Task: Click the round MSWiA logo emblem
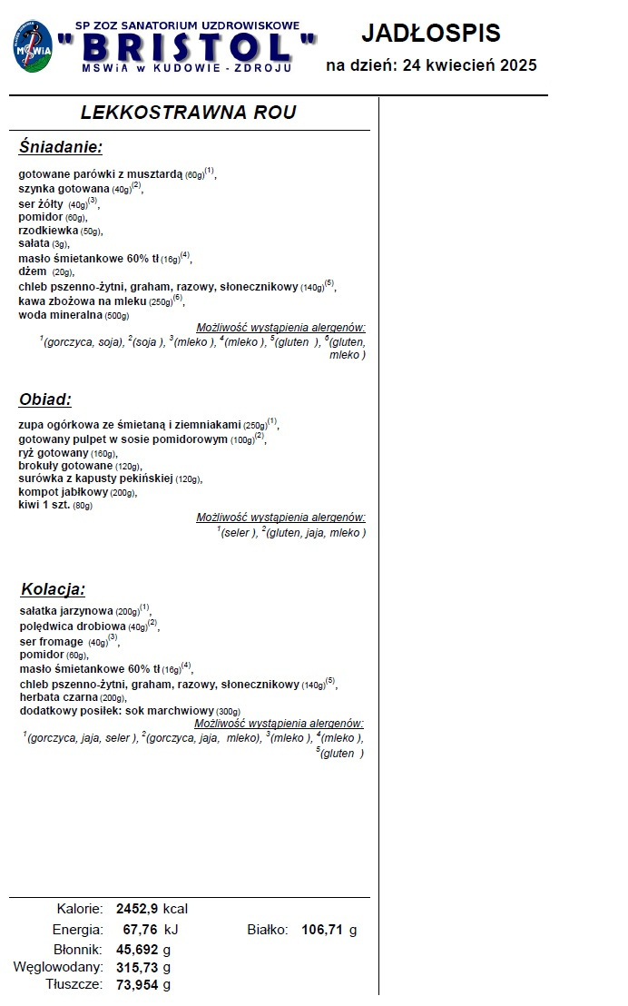pos(33,47)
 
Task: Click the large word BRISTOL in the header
pos(187,46)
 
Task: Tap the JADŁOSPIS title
pos(431,34)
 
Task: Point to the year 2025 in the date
pos(515,65)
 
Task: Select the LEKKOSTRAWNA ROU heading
pos(188,113)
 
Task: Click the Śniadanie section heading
pos(61,147)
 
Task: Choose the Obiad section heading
pos(45,399)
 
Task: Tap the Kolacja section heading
pos(53,589)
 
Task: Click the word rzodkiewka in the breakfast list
pos(47,231)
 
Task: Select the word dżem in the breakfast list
pos(32,271)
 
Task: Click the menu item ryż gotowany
pos(54,452)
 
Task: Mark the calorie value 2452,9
pos(138,908)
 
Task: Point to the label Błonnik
pos(77,950)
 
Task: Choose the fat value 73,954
pos(137,985)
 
